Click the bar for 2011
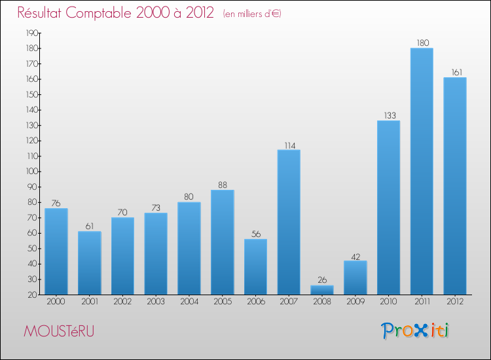pyautogui.click(x=422, y=171)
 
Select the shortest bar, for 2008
pyautogui.click(x=322, y=290)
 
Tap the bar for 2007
pyautogui.click(x=289, y=223)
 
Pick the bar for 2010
pyautogui.click(x=388, y=207)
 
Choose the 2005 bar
pyautogui.click(x=222, y=242)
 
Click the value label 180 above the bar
pyautogui.click(x=422, y=43)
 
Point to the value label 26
pyautogui.click(x=322, y=280)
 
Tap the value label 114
pyautogui.click(x=289, y=145)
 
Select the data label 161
pyautogui.click(x=455, y=73)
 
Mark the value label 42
pyautogui.click(x=355, y=256)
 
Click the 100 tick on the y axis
pyautogui.click(x=31, y=171)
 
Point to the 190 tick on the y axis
pyautogui.click(x=31, y=33)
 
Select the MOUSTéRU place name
pyautogui.click(x=58, y=332)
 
